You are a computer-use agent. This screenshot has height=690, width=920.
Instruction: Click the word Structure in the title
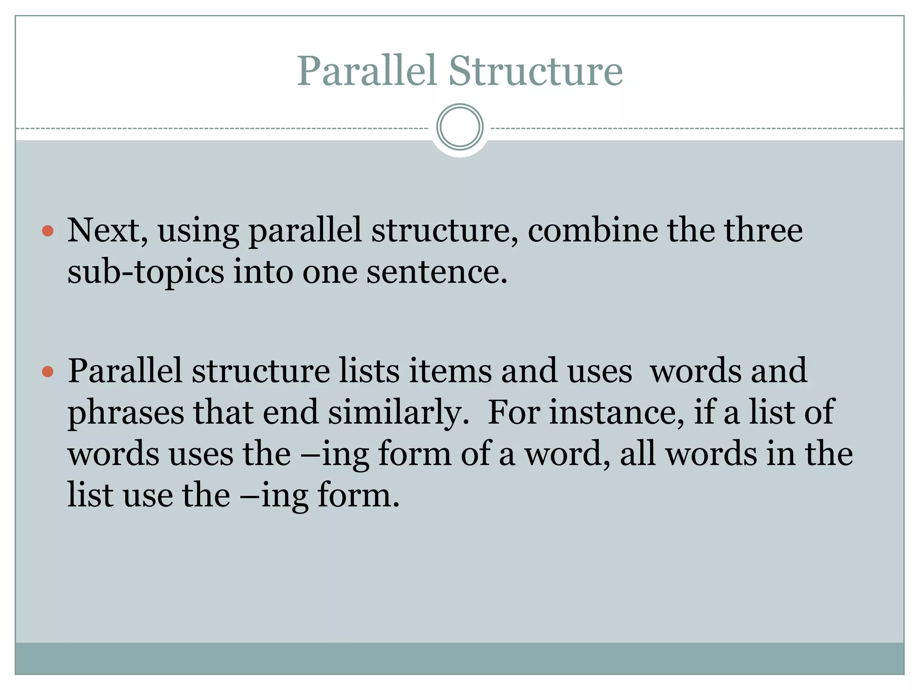[x=535, y=71]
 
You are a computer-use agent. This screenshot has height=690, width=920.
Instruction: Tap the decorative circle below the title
[x=460, y=127]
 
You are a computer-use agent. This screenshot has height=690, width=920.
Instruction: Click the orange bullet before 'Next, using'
[x=48, y=231]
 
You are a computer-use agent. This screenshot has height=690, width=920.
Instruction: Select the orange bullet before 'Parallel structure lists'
[x=48, y=372]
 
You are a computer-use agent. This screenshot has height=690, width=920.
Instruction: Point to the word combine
[x=592, y=230]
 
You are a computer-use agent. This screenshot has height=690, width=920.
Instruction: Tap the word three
[x=763, y=230]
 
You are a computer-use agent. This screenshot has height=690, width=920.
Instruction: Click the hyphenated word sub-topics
[x=146, y=273]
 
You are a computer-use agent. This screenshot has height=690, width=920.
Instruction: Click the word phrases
[x=126, y=413]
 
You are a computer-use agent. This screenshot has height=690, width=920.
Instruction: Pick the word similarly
[x=398, y=413]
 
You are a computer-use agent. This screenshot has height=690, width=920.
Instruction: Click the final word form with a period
[x=358, y=495]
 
